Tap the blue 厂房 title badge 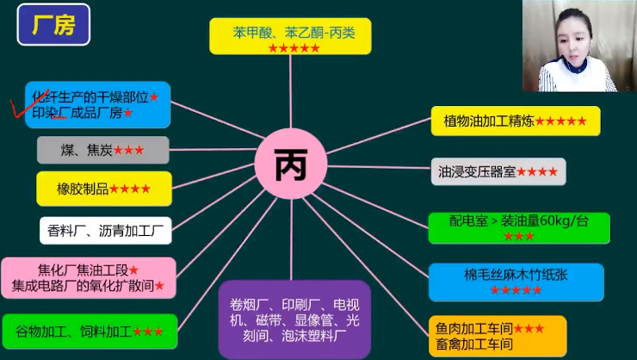[x=53, y=26]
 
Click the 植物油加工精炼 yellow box [x=515, y=121]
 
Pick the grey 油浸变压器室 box [x=498, y=171]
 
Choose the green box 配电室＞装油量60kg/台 [x=518, y=227]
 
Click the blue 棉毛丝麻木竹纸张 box [x=516, y=282]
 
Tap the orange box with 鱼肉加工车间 [x=498, y=336]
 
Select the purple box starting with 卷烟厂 [x=294, y=318]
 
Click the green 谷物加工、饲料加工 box [x=90, y=331]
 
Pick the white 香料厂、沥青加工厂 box [x=105, y=230]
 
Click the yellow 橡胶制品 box [x=103, y=188]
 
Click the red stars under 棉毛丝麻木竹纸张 [x=516, y=290]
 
